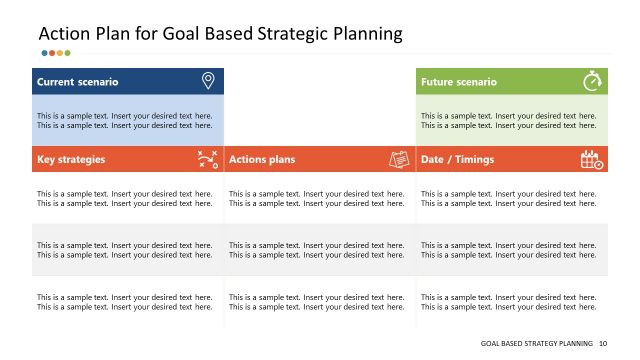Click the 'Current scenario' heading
(77, 82)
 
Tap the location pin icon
(208, 81)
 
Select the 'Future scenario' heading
(458, 82)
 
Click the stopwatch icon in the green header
(592, 81)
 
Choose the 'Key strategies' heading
(71, 159)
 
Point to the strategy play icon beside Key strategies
(208, 159)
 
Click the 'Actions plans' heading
(261, 159)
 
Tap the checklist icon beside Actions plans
(399, 159)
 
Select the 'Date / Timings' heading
(457, 159)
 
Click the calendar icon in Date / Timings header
(592, 159)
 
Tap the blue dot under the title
(44, 53)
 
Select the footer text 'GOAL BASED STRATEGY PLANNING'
(537, 343)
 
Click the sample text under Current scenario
(125, 120)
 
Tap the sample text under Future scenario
(509, 120)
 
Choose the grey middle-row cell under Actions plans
(317, 249)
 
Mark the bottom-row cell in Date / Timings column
(509, 302)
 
